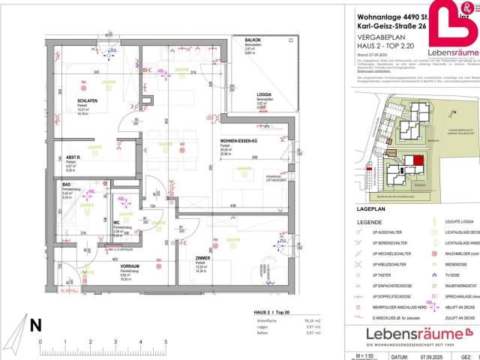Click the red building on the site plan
click(417, 160)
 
